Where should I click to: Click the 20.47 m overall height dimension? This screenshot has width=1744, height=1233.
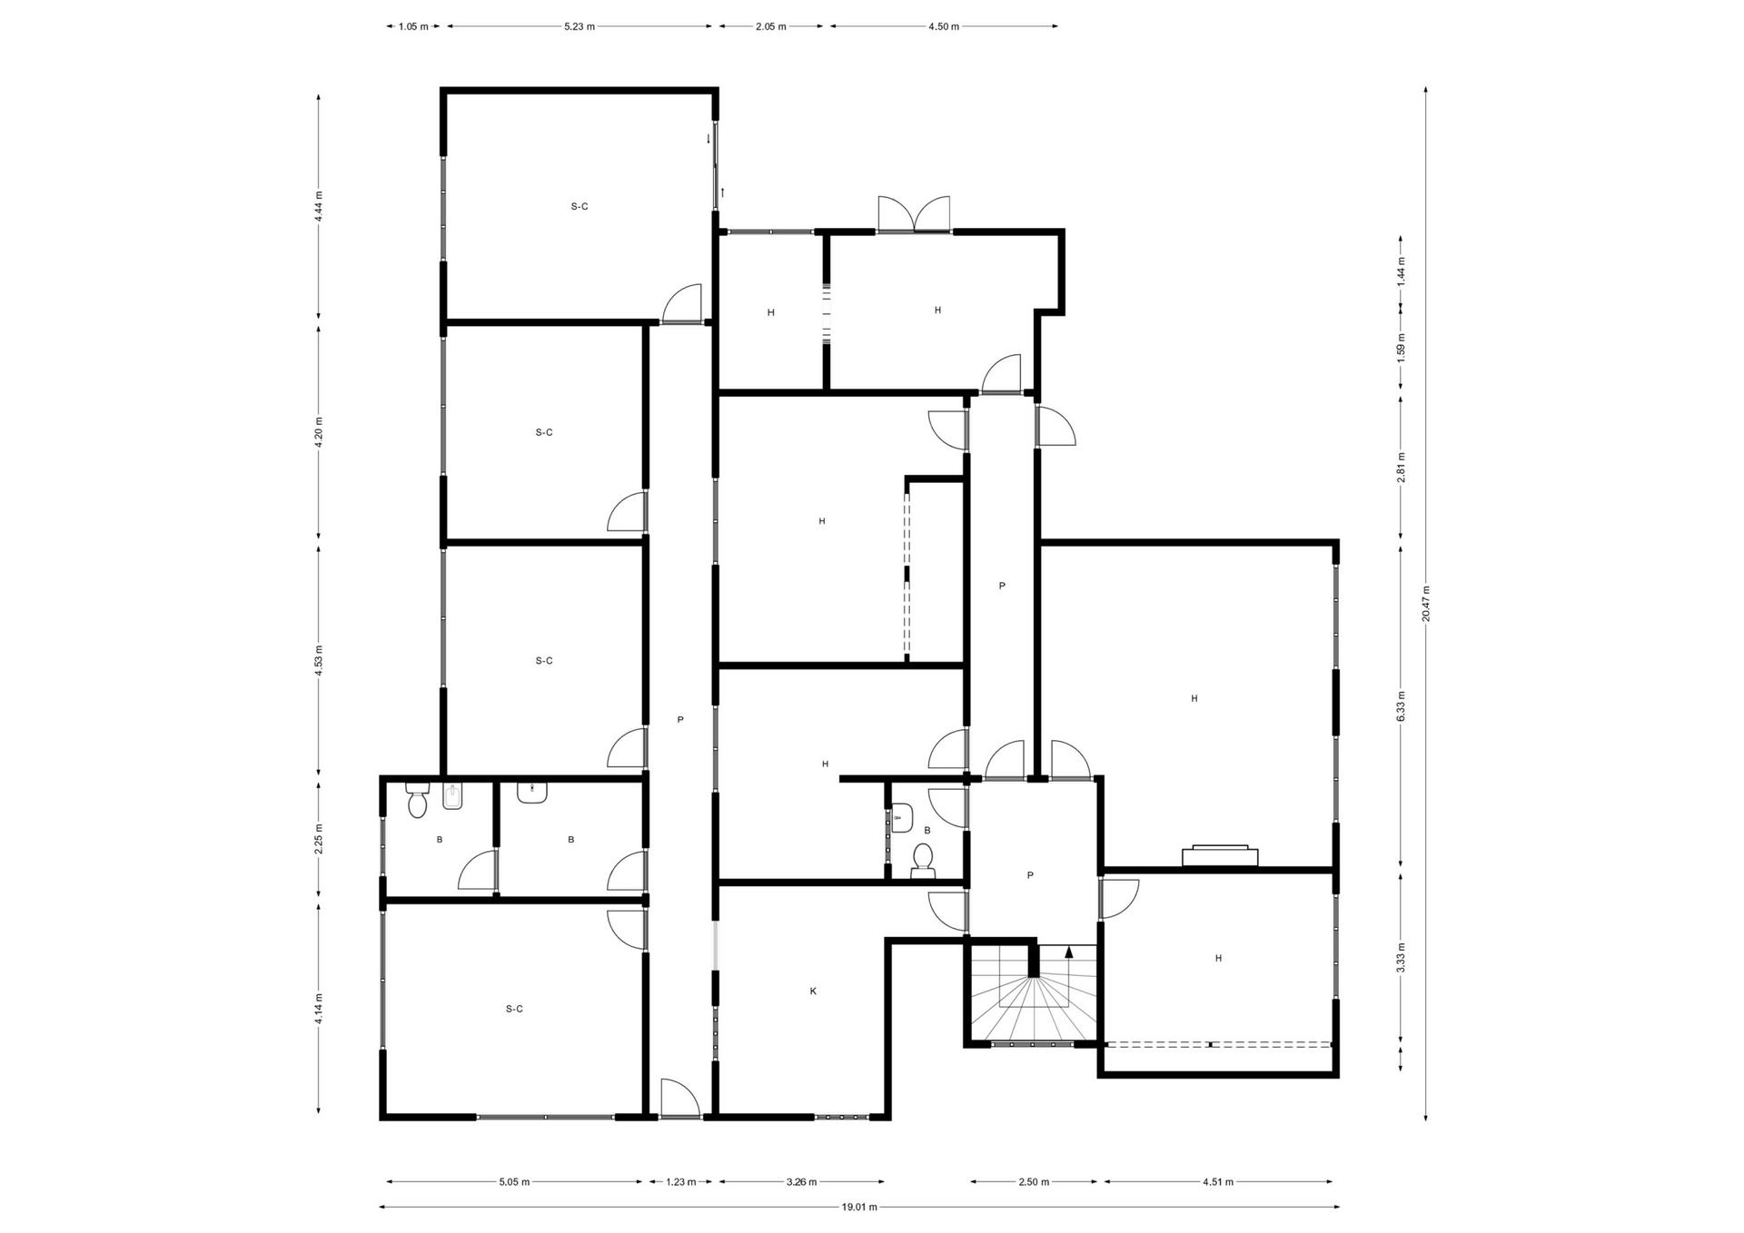(x=1426, y=602)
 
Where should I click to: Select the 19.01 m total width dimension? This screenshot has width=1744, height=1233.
(x=859, y=1207)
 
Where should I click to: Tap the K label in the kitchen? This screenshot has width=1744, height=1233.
(x=813, y=991)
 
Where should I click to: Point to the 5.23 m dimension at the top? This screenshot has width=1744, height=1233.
(x=580, y=26)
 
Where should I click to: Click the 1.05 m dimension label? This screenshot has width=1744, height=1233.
(x=413, y=26)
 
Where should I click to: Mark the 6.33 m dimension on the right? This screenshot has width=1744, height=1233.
(x=1401, y=706)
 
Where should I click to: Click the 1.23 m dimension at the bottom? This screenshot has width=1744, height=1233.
(x=681, y=1181)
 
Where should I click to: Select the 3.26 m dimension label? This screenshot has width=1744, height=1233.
(x=801, y=1181)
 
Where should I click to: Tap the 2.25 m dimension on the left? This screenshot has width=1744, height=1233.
(x=318, y=840)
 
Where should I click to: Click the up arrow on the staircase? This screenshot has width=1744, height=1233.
(x=1069, y=952)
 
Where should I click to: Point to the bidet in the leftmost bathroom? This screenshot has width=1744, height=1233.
(x=452, y=796)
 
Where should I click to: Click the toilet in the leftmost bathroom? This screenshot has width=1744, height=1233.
(x=418, y=799)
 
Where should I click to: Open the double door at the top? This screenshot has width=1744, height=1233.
(x=914, y=215)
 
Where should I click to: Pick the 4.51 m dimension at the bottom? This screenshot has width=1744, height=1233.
(x=1218, y=1181)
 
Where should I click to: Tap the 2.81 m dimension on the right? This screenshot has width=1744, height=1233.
(x=1401, y=468)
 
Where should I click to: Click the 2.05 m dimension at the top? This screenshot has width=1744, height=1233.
(x=770, y=26)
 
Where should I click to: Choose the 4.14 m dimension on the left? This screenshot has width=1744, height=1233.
(x=318, y=1009)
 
